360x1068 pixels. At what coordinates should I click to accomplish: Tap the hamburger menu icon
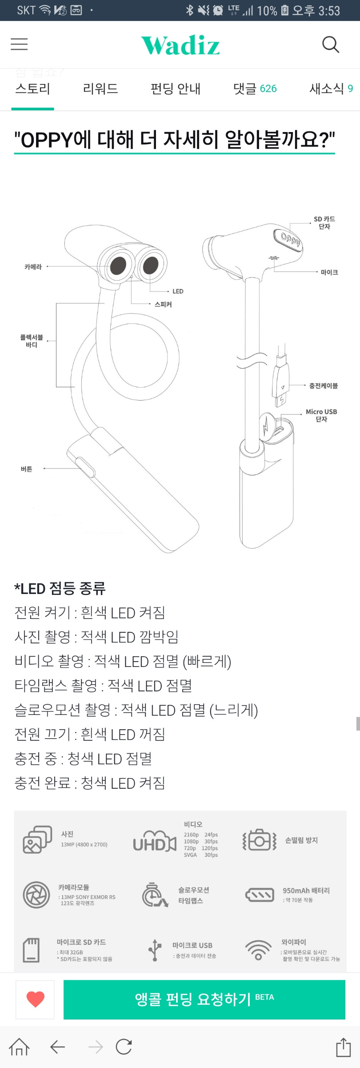pos(19,44)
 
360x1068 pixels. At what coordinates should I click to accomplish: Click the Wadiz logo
pos(180,45)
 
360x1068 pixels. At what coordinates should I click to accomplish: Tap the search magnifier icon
pos(330,44)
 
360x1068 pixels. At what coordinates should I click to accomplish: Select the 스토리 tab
pos(32,88)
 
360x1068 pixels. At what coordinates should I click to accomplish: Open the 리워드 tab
pos(100,88)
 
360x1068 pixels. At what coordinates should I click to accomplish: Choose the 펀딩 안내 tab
pos(176,88)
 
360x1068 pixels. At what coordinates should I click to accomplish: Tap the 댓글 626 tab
pos(255,88)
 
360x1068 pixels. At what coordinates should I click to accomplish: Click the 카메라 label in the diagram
pos(33,267)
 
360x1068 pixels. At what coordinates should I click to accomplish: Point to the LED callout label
pos(178,291)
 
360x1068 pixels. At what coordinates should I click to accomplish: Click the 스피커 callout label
pos(163,305)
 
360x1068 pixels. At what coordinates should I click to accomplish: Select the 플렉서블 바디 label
pos(32,341)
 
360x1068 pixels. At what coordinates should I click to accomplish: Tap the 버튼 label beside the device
pos(27,469)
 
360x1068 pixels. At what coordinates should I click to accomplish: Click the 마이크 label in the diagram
pos(329,272)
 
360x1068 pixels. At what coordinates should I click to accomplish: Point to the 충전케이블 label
pos(324,385)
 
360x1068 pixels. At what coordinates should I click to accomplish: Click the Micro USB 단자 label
pos(321,415)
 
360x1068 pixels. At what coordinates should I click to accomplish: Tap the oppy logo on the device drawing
pos(290,240)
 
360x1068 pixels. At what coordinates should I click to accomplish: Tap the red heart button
pos(36,999)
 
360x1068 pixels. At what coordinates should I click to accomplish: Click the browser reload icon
pos(124,1047)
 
